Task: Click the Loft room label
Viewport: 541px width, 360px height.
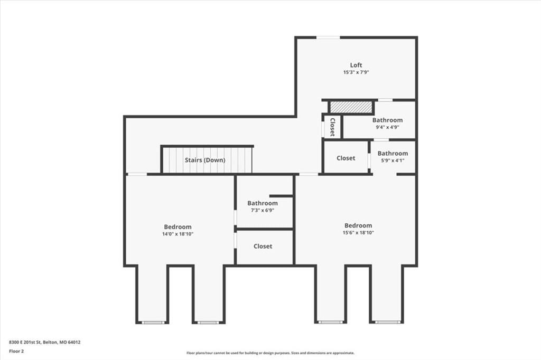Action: [x=356, y=65]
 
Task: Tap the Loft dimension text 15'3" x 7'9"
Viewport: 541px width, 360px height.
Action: [x=356, y=72]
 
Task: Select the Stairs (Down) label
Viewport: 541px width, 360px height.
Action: [x=205, y=160]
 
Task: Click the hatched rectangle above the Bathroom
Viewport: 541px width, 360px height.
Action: [x=351, y=107]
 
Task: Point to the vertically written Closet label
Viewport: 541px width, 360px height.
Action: [x=333, y=127]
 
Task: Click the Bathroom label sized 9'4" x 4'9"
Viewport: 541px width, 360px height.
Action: [x=387, y=120]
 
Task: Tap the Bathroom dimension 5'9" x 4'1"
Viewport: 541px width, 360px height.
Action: [x=393, y=160]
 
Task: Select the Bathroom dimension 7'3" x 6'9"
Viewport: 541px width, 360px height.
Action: [x=263, y=210]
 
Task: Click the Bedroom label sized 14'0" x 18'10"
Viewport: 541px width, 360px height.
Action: [x=178, y=227]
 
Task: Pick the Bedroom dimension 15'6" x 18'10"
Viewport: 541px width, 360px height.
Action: [x=358, y=233]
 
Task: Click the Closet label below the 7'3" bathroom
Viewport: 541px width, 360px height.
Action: [x=263, y=246]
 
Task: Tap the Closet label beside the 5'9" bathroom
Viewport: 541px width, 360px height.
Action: [x=346, y=158]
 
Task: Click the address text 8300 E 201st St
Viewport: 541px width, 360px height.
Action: [x=25, y=343]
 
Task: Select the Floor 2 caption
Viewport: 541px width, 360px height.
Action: [x=16, y=352]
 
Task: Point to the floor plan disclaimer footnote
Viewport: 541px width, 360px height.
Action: [x=270, y=353]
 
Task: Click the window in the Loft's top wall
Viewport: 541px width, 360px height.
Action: [x=328, y=37]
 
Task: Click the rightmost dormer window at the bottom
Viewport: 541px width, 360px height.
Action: [x=387, y=322]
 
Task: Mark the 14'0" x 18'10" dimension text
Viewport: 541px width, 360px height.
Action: [x=178, y=234]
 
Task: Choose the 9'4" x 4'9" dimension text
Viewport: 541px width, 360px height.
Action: [x=387, y=127]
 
